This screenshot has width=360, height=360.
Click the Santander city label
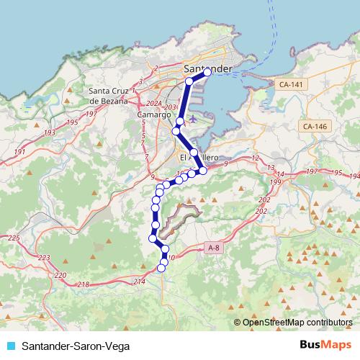(209, 68)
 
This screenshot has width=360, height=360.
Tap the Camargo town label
(153, 114)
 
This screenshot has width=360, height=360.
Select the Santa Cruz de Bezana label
(112, 96)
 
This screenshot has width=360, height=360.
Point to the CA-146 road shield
(315, 127)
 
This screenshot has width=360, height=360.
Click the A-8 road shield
(214, 248)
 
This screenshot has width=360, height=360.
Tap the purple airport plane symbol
(189, 120)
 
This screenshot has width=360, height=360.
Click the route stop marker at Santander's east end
(208, 73)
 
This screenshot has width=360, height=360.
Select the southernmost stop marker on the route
(161, 269)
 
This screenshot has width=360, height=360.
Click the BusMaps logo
(325, 346)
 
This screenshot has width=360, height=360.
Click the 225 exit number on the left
(13, 238)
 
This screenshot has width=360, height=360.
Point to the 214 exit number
(140, 281)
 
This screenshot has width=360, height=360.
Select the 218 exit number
(84, 285)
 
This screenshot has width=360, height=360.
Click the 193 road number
(49, 133)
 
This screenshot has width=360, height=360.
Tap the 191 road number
(19, 152)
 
